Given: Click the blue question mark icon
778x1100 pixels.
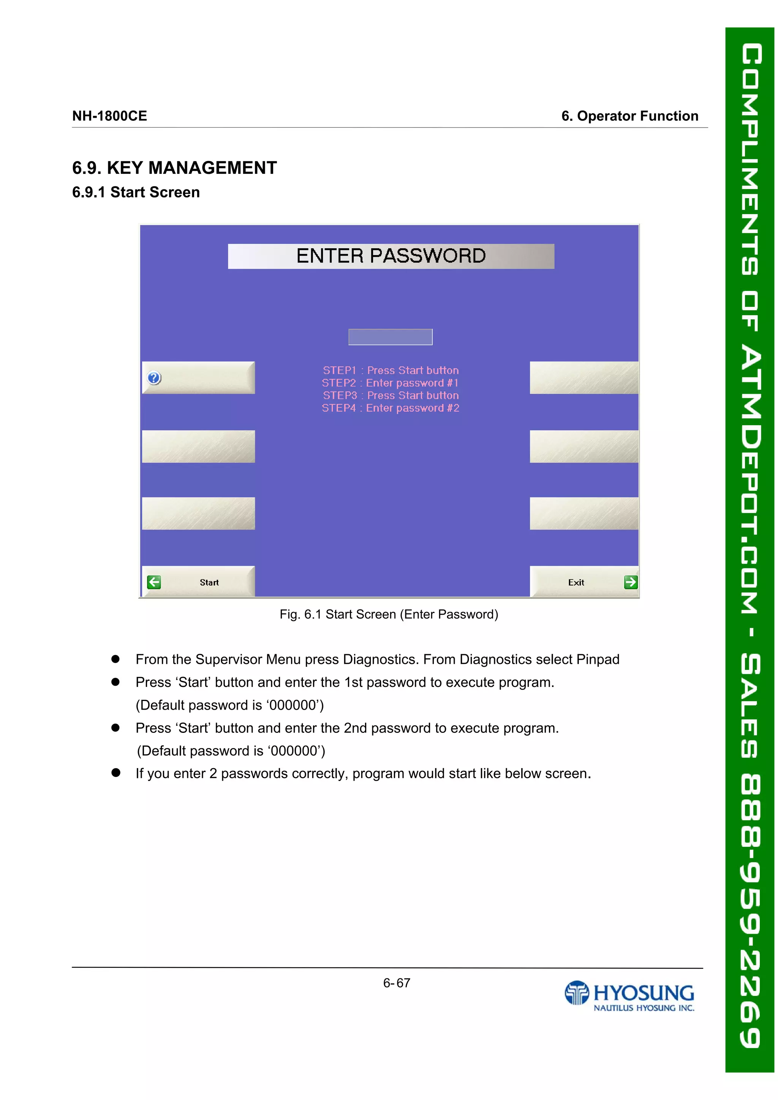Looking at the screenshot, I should [x=154, y=378].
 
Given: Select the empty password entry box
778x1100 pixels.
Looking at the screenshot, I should [x=390, y=337].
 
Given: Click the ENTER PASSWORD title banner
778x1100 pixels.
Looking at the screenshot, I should [x=391, y=256].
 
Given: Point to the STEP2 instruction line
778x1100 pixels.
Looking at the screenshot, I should [x=390, y=383].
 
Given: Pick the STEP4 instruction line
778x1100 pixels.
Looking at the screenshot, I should [x=390, y=408].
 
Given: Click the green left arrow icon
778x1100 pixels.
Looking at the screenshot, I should [x=154, y=582].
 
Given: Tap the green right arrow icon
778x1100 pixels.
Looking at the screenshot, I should [x=630, y=582].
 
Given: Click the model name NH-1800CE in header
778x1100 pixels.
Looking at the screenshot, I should [x=110, y=116].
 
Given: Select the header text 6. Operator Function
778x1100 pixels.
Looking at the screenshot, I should [x=629, y=116].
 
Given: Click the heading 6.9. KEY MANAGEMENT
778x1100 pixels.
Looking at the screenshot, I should [x=174, y=168].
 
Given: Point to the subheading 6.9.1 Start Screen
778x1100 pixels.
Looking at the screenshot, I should [x=136, y=192].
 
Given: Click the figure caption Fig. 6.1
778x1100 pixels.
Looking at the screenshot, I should [x=389, y=614].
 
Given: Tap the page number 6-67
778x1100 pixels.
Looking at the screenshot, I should [x=397, y=983].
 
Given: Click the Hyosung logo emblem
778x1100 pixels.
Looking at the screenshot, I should [x=576, y=993].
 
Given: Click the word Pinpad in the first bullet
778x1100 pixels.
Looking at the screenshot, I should [x=598, y=659].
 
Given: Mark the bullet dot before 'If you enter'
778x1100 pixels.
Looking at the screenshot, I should [x=115, y=773].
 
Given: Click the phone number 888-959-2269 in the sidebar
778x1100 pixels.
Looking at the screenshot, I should [x=750, y=910].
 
